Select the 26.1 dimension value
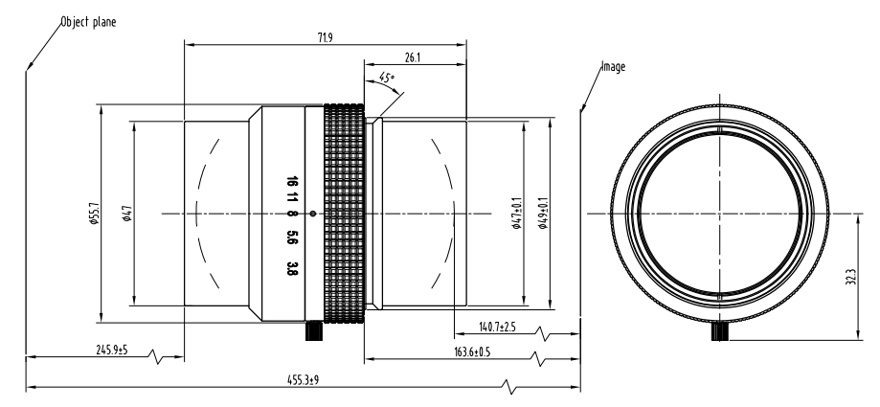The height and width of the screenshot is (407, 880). (x=414, y=58)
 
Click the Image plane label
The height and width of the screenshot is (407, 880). (x=613, y=69)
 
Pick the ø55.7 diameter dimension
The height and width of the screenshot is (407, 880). (x=94, y=214)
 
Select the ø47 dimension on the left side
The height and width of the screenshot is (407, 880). (x=127, y=214)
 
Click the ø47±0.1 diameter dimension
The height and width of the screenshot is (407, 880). (x=517, y=214)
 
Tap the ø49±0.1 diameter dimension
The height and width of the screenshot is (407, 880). (x=544, y=214)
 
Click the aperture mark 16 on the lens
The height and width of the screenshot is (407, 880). (x=289, y=182)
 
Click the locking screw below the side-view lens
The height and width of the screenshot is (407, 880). (x=312, y=331)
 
